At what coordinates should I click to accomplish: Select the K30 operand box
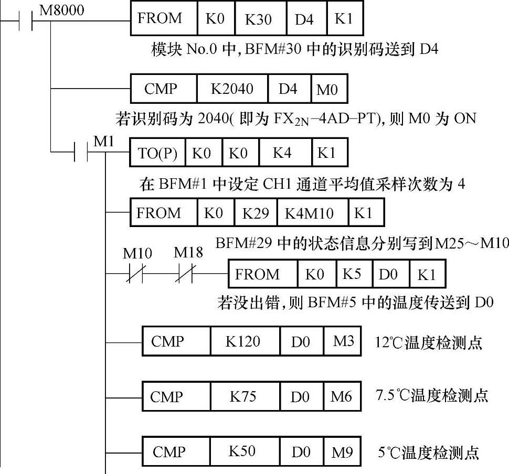[258, 20]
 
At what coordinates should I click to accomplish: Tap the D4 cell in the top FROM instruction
[304, 20]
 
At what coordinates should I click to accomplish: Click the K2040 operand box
[232, 89]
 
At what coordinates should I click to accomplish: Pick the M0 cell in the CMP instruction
[327, 90]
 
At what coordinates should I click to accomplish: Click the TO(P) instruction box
[157, 154]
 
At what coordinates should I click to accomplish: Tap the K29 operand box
[255, 213]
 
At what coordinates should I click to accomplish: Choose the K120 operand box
[243, 342]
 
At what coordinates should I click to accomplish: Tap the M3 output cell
[344, 342]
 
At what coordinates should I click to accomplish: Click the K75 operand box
[243, 396]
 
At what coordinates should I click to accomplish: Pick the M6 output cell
[341, 396]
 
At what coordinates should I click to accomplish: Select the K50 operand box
[242, 451]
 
